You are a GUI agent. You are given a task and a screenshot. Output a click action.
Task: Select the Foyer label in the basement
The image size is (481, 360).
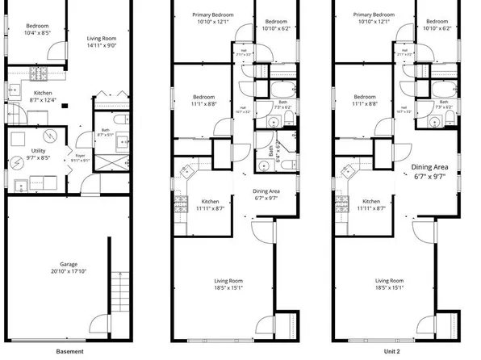[79, 158]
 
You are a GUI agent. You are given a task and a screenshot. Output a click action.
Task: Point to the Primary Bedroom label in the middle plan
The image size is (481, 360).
[211, 19]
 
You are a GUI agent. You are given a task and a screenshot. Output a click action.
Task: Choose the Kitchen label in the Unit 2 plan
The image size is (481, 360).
[372, 204]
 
